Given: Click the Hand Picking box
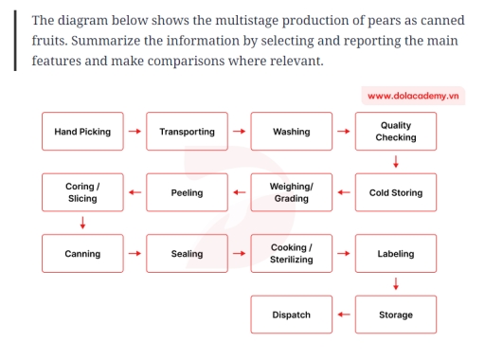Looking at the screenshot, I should point(82,132).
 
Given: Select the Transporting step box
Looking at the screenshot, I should point(187,132).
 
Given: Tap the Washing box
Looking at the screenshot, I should point(292,132).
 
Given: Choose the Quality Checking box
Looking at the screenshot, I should point(396,132).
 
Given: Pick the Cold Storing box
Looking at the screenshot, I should point(396,192).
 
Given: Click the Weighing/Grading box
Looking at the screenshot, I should point(292,192).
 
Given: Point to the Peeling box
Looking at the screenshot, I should point(187,192).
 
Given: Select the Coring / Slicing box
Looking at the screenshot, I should point(82,192).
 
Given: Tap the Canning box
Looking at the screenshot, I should point(82,254).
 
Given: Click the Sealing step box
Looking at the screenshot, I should point(187,254).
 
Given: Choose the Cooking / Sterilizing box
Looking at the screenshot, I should point(292,254).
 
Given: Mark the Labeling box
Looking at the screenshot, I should point(396,254).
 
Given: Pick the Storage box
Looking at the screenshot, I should point(396,315).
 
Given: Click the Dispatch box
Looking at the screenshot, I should point(292,315).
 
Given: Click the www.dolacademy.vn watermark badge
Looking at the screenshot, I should point(413,96).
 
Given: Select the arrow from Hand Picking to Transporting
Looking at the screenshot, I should point(135,132).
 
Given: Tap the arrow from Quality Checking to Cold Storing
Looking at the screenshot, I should point(396,162).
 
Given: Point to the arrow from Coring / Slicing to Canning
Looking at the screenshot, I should point(82,224).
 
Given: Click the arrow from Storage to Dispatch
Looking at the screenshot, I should point(344,315).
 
